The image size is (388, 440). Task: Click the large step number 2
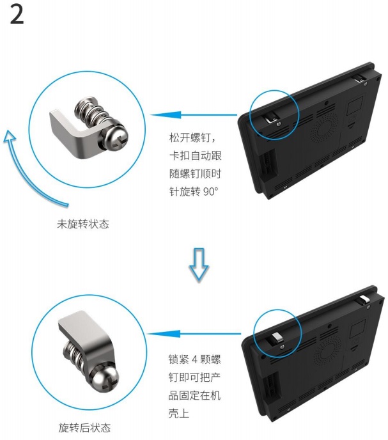pyautogui.click(x=17, y=15)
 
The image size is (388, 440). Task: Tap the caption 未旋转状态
pyautogui.click(x=82, y=224)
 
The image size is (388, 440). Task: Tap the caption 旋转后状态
pyautogui.click(x=84, y=428)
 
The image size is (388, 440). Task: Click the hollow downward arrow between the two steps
pyautogui.click(x=199, y=263)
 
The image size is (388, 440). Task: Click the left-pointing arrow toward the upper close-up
pyautogui.click(x=194, y=115)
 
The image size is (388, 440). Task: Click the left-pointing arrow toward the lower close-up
pyautogui.click(x=194, y=334)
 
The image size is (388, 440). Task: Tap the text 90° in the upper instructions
pyautogui.click(x=210, y=192)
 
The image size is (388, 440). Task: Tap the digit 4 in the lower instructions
pyautogui.click(x=195, y=359)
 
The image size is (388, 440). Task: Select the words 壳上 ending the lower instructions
pyautogui.click(x=179, y=413)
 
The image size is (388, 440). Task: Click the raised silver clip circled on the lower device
pyautogui.click(x=276, y=338)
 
